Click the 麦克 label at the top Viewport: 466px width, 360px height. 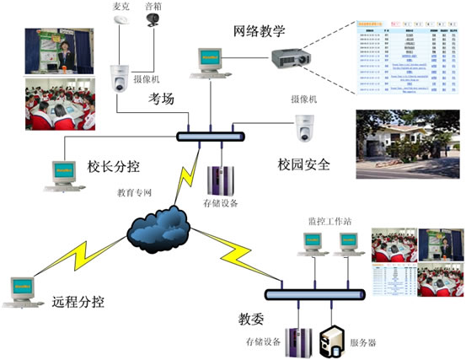click(122, 6)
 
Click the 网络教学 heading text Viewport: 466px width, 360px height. click(265, 32)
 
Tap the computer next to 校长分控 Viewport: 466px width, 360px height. click(61, 175)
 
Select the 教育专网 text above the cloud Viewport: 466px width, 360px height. click(134, 191)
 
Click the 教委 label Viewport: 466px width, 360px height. click(252, 320)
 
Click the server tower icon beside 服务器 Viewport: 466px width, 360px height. click(329, 339)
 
